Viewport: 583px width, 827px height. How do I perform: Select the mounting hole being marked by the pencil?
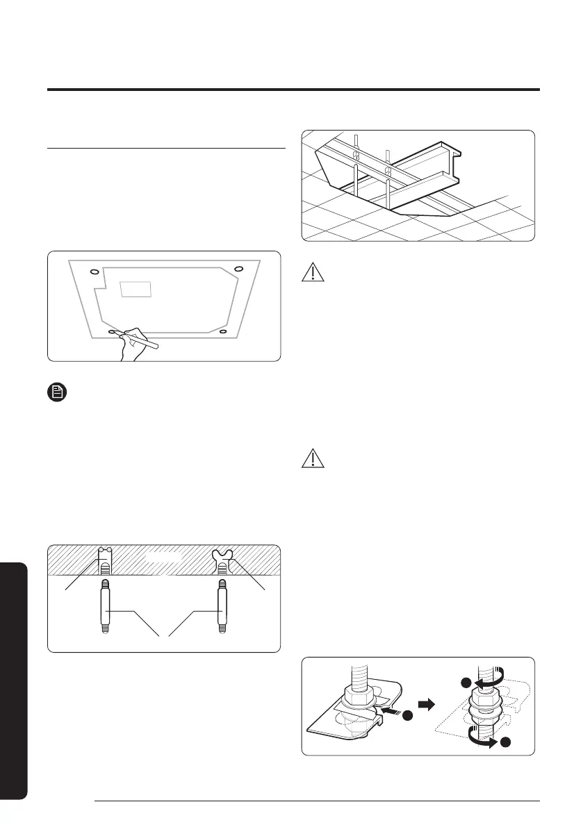(x=113, y=333)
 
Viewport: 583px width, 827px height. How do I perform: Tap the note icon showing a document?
(x=57, y=392)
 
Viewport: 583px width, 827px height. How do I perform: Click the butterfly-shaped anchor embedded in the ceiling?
(x=223, y=560)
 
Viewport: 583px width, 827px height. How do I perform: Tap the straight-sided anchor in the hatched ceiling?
(x=105, y=561)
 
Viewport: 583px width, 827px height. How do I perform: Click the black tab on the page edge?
(x=13, y=680)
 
